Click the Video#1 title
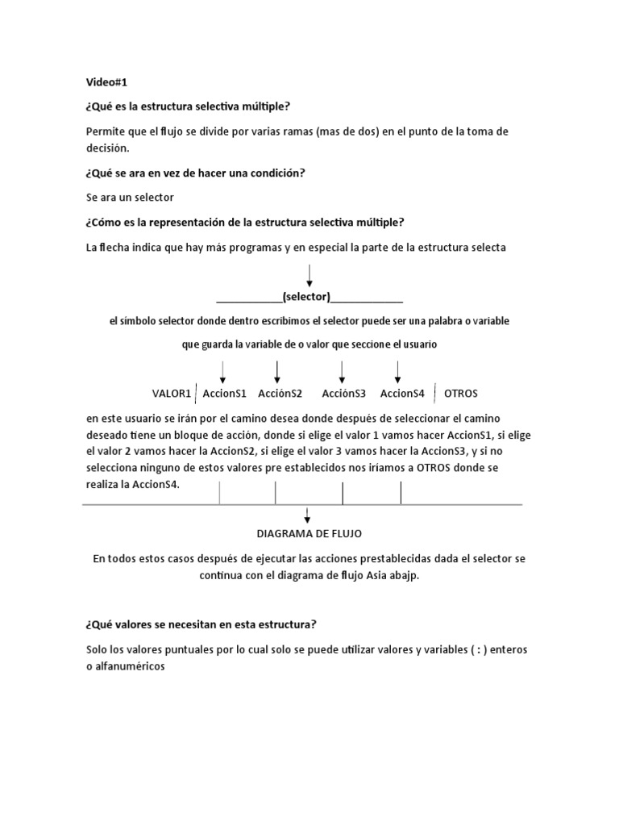[x=106, y=81]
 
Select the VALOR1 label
[x=172, y=394]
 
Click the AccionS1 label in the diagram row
[x=224, y=394]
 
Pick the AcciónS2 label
[x=280, y=394]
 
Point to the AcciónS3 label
[x=343, y=394]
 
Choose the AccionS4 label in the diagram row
[x=402, y=394]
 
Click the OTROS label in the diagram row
[x=461, y=394]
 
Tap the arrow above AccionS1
[x=223, y=371]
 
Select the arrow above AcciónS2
[x=277, y=371]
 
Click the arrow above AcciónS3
[x=343, y=371]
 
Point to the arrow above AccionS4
[x=397, y=371]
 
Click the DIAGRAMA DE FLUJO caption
[x=309, y=534]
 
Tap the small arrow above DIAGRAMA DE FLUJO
[x=308, y=515]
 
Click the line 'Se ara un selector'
[x=129, y=197]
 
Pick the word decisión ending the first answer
[x=106, y=148]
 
